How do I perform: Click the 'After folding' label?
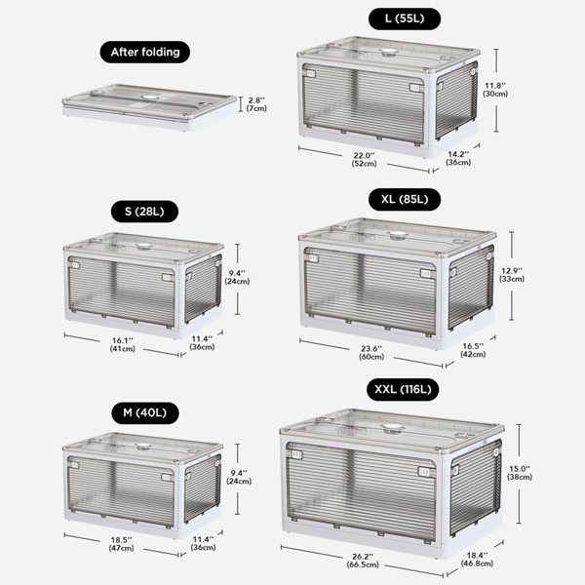[x=144, y=52]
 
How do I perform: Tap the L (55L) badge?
[x=405, y=19]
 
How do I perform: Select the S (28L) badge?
[x=144, y=212]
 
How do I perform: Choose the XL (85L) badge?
[x=405, y=199]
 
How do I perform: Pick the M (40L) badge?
[x=144, y=413]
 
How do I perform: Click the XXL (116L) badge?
[x=403, y=389]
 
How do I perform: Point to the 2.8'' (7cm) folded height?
[x=256, y=104]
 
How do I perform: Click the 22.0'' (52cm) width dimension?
[x=364, y=160]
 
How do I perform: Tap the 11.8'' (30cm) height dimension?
[x=495, y=90]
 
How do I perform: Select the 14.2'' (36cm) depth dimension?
[x=458, y=159]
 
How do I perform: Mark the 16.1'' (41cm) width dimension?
[x=123, y=345]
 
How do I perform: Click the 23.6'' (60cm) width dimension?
[x=371, y=353]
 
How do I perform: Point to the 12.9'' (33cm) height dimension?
[x=512, y=275]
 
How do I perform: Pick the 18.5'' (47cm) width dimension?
[x=122, y=544]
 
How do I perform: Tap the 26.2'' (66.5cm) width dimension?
[x=363, y=561]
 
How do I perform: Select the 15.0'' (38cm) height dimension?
[x=520, y=473]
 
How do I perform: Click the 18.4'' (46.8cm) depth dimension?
[x=477, y=560]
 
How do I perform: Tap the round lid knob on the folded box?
[x=150, y=97]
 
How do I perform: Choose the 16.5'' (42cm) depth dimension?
[x=473, y=350]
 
